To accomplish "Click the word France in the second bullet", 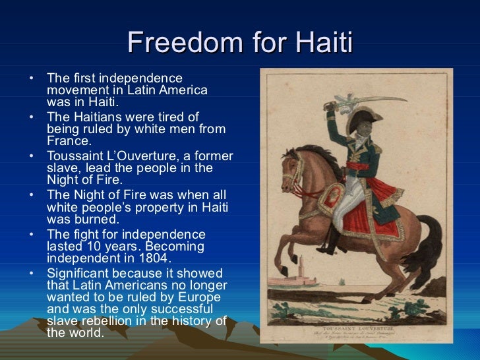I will pos(69,140).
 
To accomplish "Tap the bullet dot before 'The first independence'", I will pos(32,78).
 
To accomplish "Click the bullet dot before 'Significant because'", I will pos(32,274).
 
